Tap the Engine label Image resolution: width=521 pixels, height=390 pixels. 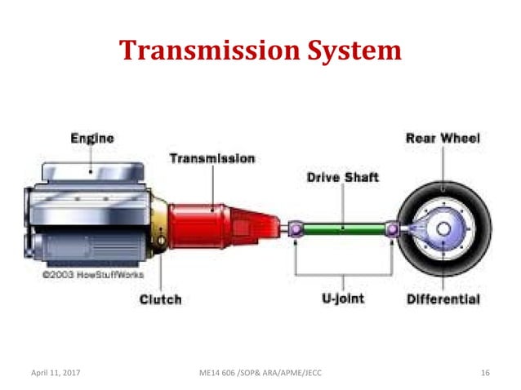pos(91,140)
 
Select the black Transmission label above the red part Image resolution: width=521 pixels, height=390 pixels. pos(212,158)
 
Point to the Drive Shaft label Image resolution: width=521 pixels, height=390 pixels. pos(342,177)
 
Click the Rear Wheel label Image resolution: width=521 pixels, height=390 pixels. pos(443,139)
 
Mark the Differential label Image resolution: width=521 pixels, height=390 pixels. pos(443,300)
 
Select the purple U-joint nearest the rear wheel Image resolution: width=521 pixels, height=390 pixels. pos(393,231)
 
